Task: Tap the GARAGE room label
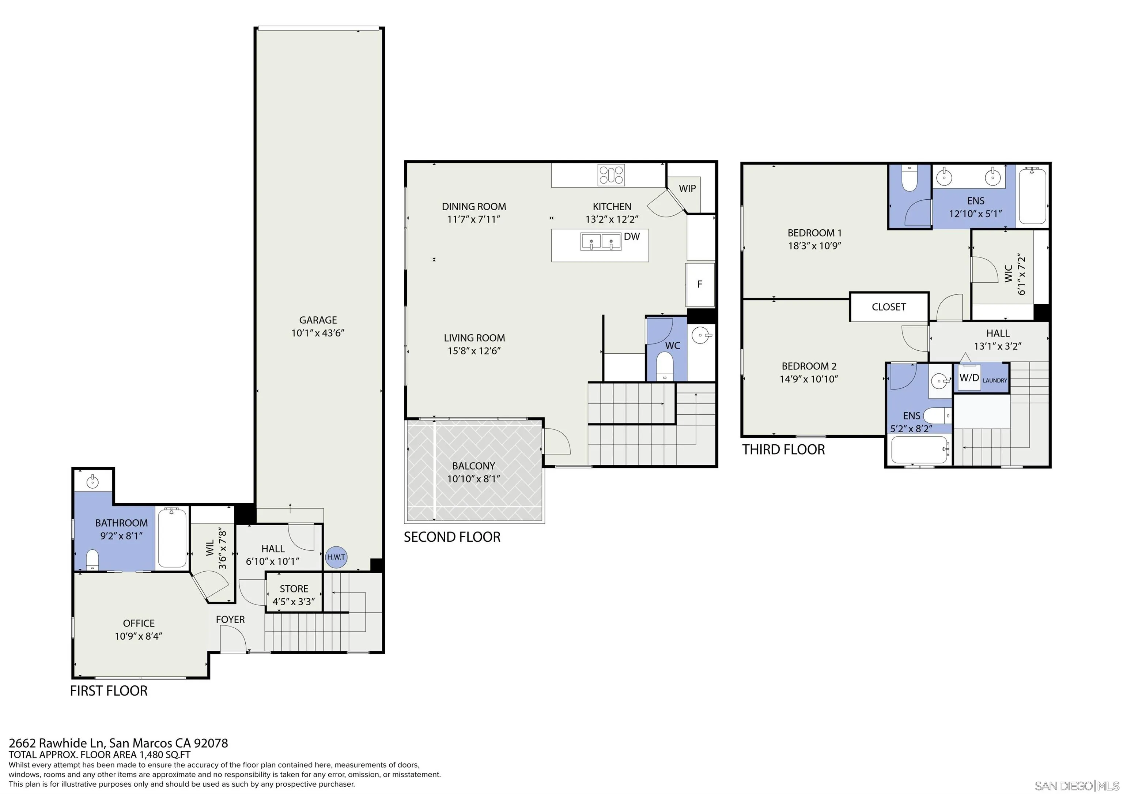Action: click(x=318, y=320)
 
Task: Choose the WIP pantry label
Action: click(x=687, y=188)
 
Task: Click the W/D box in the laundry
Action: click(x=969, y=377)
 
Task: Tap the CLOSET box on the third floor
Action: click(x=889, y=307)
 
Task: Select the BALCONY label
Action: click(x=473, y=466)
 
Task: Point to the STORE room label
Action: click(x=294, y=588)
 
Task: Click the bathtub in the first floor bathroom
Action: click(x=172, y=538)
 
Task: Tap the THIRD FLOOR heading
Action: click(x=783, y=449)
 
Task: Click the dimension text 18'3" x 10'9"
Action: click(x=814, y=245)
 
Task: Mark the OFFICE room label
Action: click(x=139, y=623)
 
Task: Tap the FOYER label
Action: click(x=230, y=619)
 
